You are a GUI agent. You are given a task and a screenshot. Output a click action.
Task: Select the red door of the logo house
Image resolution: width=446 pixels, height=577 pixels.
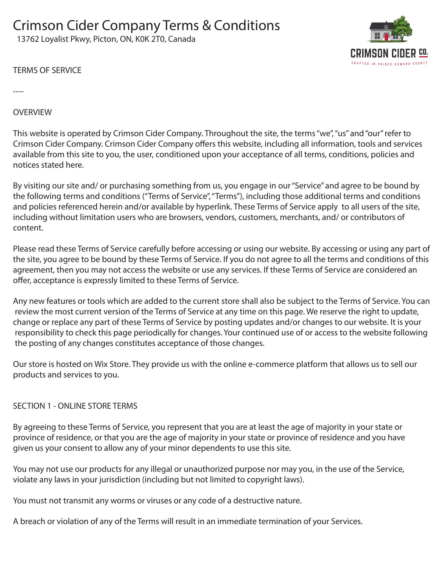(386, 37)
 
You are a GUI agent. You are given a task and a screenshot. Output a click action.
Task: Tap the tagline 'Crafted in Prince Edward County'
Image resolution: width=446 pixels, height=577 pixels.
(389, 63)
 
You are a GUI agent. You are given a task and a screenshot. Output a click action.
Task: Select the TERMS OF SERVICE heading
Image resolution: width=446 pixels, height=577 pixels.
(47, 70)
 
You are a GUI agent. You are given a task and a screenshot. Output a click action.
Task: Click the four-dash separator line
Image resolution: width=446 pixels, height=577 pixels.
(18, 91)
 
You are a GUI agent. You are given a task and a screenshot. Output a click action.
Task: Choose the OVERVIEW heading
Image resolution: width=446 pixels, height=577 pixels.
(32, 112)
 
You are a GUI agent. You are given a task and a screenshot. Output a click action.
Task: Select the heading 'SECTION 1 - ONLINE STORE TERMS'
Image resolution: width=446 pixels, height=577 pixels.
(75, 406)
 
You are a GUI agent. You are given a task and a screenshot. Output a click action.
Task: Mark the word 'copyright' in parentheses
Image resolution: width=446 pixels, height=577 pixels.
(264, 480)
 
